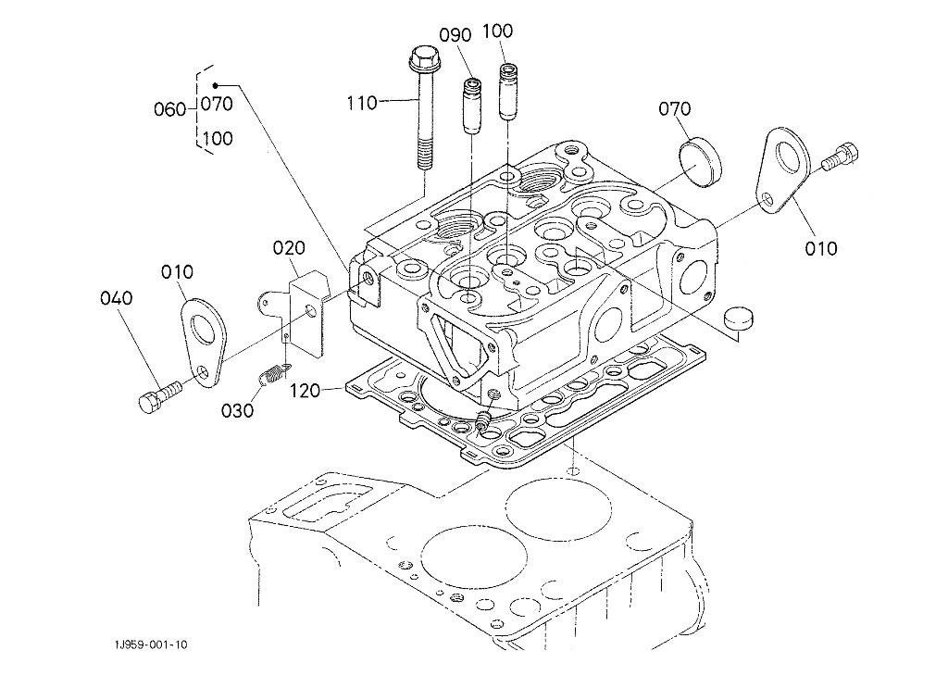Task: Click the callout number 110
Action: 362,104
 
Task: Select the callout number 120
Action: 306,392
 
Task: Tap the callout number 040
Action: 117,298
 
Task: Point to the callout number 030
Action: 237,410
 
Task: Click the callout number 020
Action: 289,248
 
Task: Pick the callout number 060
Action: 169,109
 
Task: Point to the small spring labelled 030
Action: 269,377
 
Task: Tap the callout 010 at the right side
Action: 821,248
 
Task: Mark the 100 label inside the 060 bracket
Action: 217,139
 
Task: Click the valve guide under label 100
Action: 508,93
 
